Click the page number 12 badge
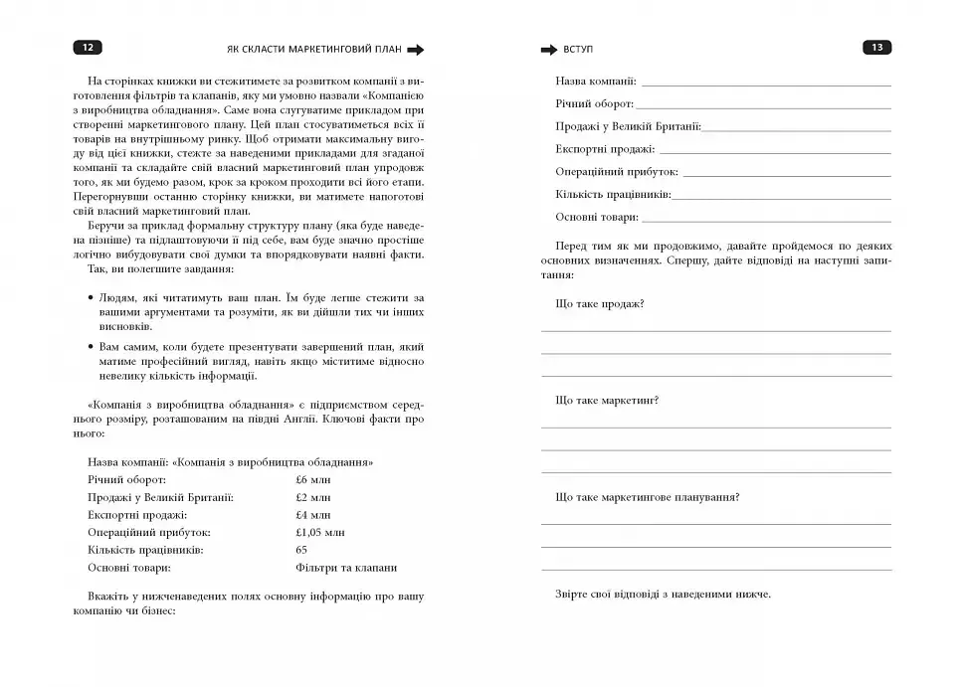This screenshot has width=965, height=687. coord(88,48)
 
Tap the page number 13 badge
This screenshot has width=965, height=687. coord(876,48)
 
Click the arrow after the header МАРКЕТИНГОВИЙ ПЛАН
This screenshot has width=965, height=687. coord(416,49)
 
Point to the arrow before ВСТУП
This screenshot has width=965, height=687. coord(549,49)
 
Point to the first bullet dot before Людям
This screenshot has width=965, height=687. coord(91,297)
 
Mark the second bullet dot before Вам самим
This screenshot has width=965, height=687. coord(91,345)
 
